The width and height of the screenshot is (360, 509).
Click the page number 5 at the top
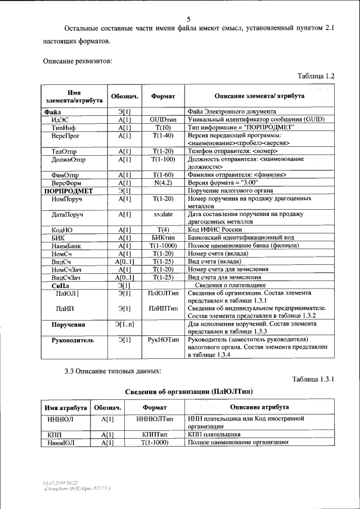[188, 19]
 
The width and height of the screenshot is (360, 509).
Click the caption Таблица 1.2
[316, 75]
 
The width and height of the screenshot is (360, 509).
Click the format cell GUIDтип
[163, 119]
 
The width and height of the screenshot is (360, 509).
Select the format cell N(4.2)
[163, 183]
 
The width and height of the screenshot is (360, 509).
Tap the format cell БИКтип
[163, 238]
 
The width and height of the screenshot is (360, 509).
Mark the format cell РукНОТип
[163, 340]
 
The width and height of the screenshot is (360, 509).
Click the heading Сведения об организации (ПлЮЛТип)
[188, 390]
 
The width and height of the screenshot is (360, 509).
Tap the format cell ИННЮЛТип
[155, 419]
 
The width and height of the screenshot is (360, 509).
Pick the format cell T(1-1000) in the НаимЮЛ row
[155, 443]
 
